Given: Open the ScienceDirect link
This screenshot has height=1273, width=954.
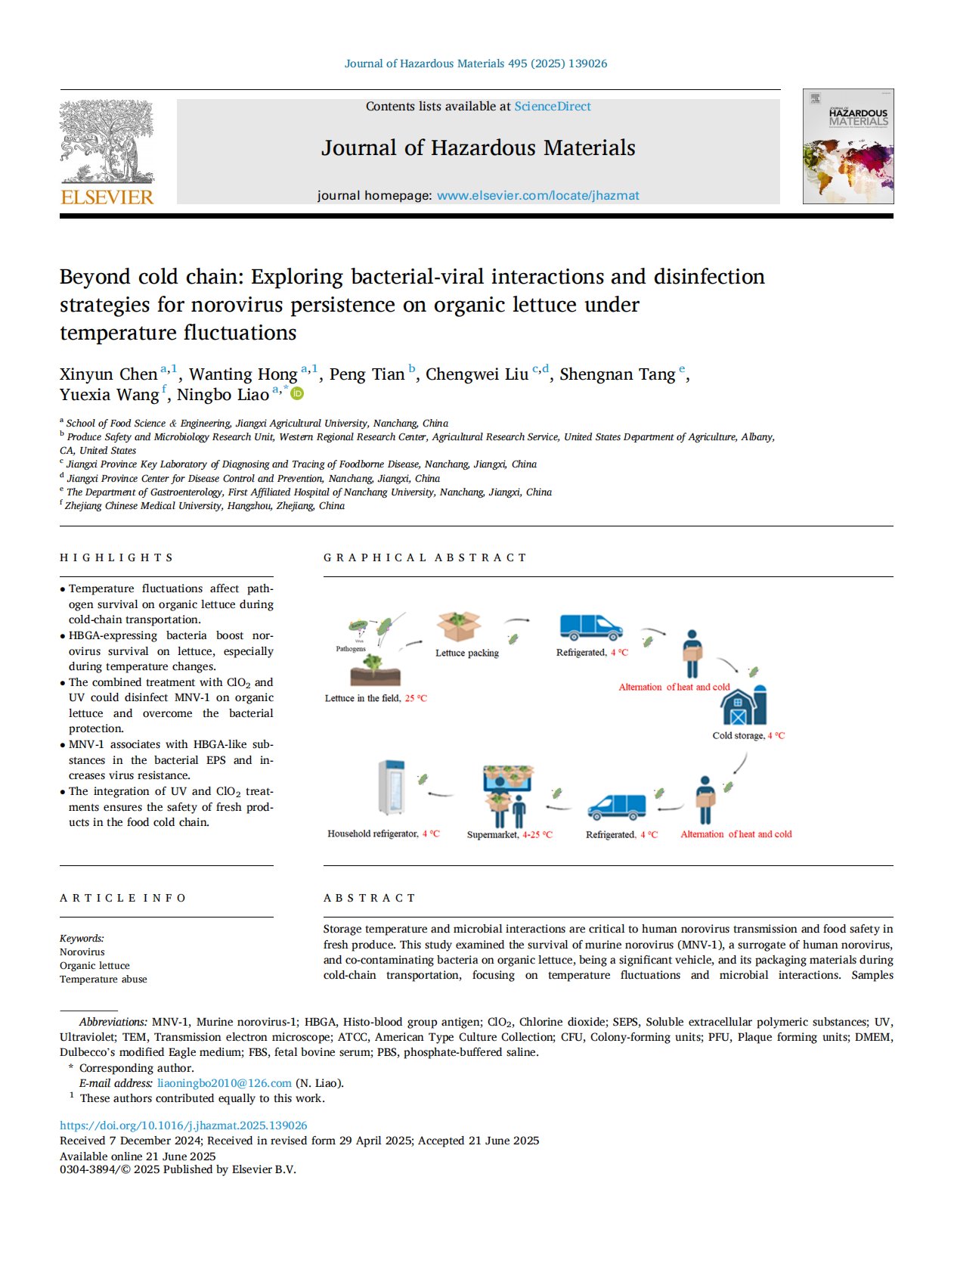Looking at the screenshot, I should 553,107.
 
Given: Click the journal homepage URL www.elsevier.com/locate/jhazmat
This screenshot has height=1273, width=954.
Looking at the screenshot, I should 537,196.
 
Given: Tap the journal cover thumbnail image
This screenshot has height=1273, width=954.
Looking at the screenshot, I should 847,147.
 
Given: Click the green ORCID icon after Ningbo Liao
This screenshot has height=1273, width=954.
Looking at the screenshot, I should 298,393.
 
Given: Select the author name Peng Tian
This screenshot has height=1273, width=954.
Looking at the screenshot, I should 367,374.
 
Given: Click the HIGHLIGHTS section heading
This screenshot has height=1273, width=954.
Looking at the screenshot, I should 116,557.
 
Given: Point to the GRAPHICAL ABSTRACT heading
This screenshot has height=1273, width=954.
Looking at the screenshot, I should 425,557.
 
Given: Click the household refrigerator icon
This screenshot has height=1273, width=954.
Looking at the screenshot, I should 390,788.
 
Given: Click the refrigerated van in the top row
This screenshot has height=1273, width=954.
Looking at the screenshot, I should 590,627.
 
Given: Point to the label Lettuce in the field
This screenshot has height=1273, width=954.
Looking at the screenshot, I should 363,698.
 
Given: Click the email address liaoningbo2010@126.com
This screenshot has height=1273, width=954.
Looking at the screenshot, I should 224,1083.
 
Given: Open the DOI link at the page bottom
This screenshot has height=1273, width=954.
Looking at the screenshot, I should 183,1126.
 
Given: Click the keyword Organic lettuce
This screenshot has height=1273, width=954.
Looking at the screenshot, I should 94,966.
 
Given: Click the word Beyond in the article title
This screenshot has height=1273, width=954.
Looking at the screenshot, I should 95,277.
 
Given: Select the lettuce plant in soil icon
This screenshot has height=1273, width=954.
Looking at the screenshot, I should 375,669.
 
